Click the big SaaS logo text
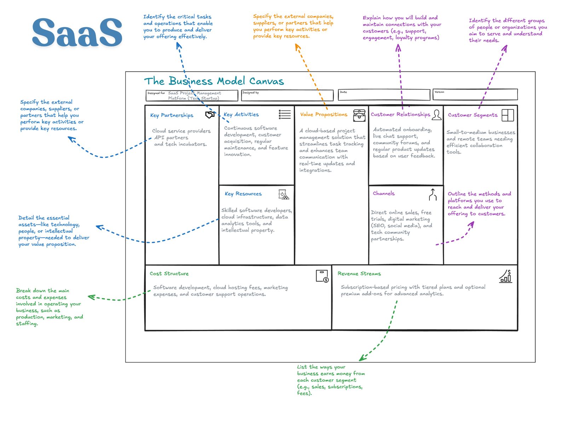(77, 32)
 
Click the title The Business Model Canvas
(214, 81)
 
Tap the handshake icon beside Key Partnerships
(210, 115)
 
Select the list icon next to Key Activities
(284, 114)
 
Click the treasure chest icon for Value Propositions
(359, 115)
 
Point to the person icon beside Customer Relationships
(437, 115)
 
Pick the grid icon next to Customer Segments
(508, 115)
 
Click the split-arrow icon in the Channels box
(433, 194)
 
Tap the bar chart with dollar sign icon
(506, 276)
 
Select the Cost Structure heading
(169, 273)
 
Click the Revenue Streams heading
(359, 273)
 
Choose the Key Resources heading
(243, 194)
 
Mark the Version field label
(439, 92)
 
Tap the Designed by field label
(250, 93)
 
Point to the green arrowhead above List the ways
(362, 358)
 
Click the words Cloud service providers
(181, 131)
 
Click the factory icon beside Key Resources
(283, 194)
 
